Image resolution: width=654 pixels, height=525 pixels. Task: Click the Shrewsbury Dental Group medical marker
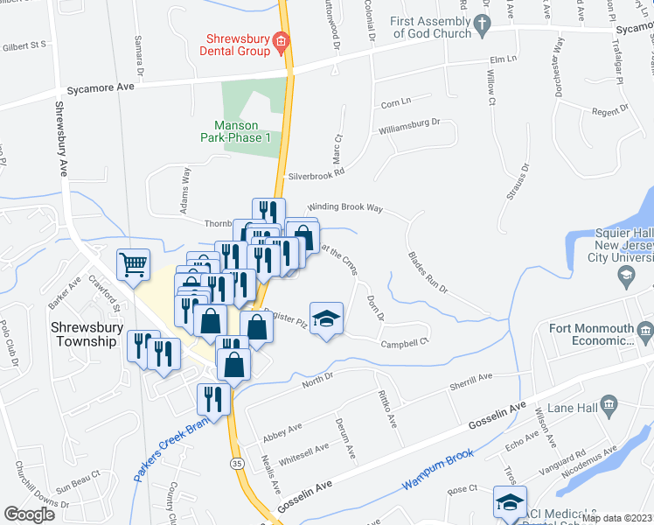coord(281,40)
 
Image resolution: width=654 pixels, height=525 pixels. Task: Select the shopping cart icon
coord(132,263)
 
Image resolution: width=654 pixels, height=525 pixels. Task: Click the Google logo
coord(30,514)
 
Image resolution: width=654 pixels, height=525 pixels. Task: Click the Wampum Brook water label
coord(437,469)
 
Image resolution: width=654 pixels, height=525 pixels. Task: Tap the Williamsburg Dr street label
coord(407,128)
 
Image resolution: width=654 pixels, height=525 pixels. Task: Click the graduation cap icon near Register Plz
coord(326,319)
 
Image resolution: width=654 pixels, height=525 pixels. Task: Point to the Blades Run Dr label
coord(428,272)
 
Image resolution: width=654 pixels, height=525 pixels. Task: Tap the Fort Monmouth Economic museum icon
coord(645,332)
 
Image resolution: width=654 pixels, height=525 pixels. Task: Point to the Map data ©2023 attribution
coord(616,517)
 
